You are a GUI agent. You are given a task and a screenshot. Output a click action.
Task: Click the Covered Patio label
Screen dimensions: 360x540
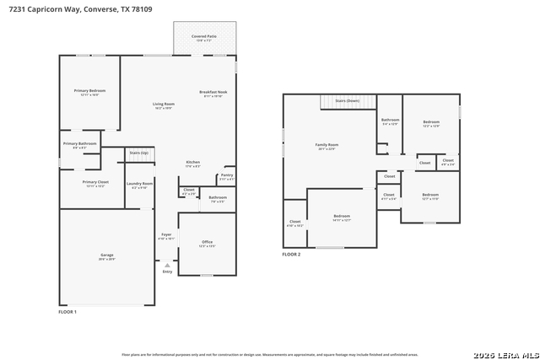click(x=204, y=37)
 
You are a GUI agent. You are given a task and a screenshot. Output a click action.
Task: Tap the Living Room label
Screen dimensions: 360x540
click(x=163, y=104)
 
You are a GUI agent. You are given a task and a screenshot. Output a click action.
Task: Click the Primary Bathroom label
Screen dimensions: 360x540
click(x=79, y=143)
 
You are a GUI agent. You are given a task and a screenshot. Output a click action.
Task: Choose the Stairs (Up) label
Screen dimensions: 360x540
click(x=138, y=153)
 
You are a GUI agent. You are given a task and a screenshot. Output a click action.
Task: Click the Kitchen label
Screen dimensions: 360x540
click(x=193, y=162)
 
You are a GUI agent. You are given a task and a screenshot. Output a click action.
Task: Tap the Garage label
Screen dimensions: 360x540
click(x=107, y=255)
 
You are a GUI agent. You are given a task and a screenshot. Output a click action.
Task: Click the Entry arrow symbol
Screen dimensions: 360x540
click(x=167, y=266)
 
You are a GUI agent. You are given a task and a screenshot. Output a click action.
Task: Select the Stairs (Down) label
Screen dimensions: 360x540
click(x=347, y=101)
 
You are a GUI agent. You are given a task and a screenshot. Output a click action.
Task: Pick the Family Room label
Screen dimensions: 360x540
click(x=327, y=145)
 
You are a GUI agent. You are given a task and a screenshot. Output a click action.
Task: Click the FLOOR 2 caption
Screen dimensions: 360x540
click(x=291, y=254)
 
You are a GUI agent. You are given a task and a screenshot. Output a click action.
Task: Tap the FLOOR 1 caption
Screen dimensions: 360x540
click(x=67, y=312)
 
